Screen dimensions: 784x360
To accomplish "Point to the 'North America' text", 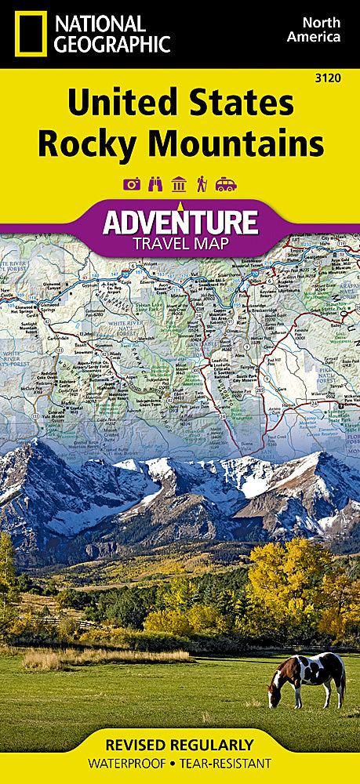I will (317, 30).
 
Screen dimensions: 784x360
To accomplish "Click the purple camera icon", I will (132, 184).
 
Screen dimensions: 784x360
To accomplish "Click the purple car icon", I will (226, 184).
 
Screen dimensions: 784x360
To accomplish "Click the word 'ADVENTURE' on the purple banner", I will (180, 222).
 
